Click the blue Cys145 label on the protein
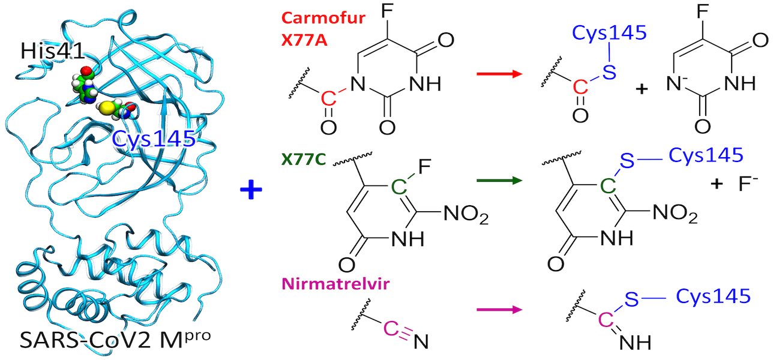[154, 139]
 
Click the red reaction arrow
[498, 74]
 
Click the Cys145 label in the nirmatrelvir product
[714, 296]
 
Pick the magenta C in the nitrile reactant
[390, 328]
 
